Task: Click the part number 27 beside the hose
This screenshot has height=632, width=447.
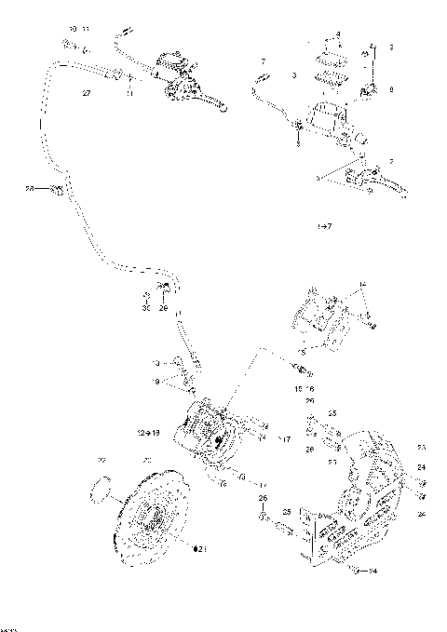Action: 86,94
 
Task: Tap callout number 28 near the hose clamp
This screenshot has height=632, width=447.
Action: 30,190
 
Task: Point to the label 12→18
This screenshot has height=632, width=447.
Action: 149,433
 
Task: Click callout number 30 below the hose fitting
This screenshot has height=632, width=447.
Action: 146,308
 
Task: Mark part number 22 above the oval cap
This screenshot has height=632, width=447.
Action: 102,460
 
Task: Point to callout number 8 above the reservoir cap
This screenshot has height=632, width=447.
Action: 338,34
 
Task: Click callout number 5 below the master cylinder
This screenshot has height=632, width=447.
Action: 298,144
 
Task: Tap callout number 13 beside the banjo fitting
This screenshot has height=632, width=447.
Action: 156,361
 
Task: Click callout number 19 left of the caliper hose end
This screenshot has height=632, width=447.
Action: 156,381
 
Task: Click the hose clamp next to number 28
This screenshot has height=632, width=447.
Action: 57,191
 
